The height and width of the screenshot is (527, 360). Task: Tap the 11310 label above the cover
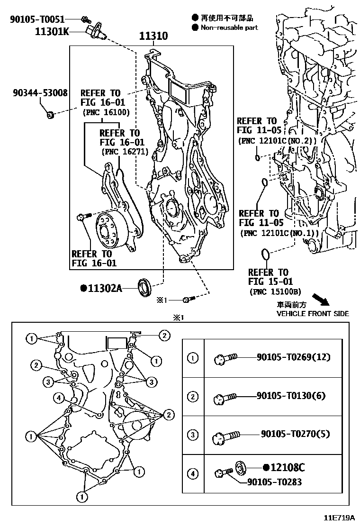click(153, 36)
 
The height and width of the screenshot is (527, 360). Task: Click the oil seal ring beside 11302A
click(144, 287)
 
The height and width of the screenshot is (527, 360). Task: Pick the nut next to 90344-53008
click(50, 114)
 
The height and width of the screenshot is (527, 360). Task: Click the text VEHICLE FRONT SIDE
click(313, 314)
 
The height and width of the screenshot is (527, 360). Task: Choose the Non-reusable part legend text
click(229, 27)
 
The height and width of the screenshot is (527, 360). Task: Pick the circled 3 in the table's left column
click(193, 435)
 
